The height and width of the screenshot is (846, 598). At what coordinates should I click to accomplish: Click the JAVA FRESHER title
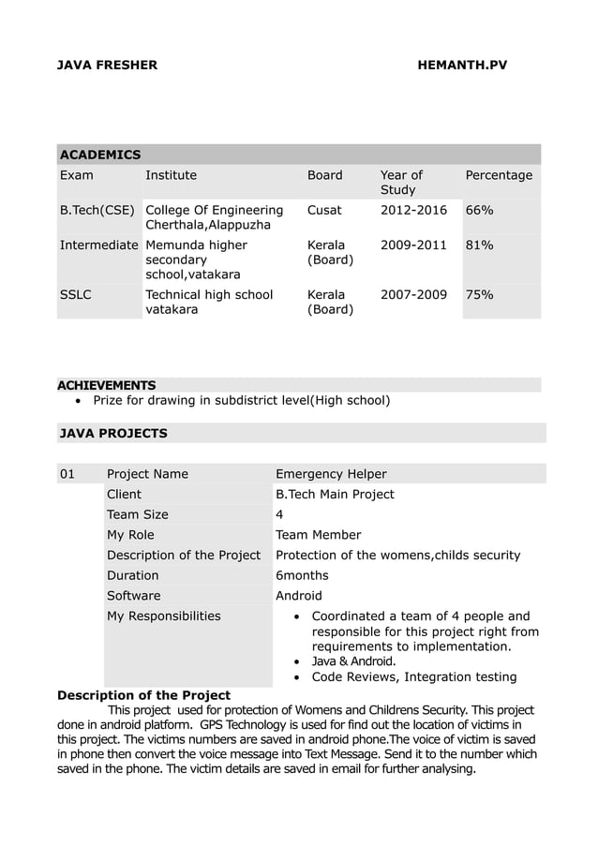click(108, 66)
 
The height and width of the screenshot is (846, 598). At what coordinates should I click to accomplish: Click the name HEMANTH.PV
click(462, 66)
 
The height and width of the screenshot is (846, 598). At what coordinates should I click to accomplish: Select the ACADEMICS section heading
click(99, 154)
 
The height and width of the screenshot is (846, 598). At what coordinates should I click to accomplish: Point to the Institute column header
click(171, 175)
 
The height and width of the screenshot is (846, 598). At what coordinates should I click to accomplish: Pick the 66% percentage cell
click(480, 210)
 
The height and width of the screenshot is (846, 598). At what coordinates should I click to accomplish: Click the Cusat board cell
click(324, 210)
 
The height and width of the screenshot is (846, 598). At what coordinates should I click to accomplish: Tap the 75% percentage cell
click(480, 294)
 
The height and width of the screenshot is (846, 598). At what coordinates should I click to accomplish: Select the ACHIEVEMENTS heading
click(107, 385)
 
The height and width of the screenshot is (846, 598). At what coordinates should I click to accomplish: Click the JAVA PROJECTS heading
click(113, 433)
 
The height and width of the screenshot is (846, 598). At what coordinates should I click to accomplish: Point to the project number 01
click(67, 474)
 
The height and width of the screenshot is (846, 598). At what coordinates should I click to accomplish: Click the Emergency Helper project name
click(331, 474)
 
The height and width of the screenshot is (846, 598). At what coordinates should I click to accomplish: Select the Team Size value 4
click(279, 514)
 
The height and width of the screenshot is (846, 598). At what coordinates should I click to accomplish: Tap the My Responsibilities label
click(164, 616)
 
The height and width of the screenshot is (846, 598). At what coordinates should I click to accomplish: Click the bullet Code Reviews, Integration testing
click(413, 676)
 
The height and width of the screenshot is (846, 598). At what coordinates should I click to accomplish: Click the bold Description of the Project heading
click(144, 695)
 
